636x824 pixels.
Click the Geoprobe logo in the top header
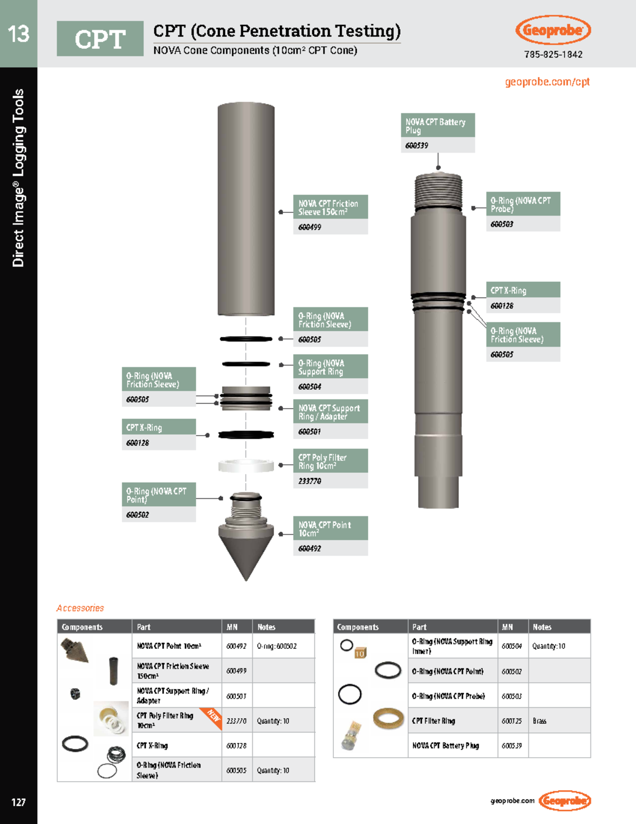tap(553, 30)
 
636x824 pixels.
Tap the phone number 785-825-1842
tap(553, 55)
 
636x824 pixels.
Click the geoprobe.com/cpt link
tap(547, 82)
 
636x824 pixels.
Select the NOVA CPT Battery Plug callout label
tap(437, 126)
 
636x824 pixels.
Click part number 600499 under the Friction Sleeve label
tap(310, 227)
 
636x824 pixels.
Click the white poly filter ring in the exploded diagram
tap(246, 466)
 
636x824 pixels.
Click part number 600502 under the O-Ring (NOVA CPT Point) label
tap(138, 515)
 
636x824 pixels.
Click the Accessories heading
tap(80, 608)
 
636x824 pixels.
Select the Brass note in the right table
tap(540, 721)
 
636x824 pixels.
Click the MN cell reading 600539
tap(511, 745)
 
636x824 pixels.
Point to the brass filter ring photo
tap(388, 719)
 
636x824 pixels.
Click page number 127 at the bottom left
tap(19, 802)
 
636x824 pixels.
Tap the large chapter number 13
tap(19, 34)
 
